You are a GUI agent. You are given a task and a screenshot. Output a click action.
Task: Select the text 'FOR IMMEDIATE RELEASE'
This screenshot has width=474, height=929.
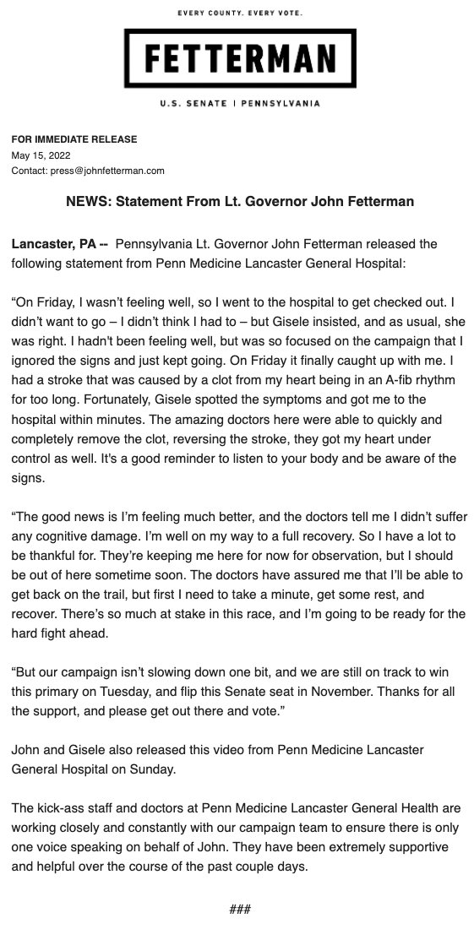click(74, 139)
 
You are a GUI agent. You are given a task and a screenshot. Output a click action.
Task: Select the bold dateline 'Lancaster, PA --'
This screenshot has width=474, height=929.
click(59, 244)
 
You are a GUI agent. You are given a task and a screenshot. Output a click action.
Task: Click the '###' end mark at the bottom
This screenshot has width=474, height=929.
click(240, 909)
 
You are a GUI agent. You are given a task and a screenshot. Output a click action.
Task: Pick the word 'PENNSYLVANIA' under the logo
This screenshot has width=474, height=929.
click(281, 104)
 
